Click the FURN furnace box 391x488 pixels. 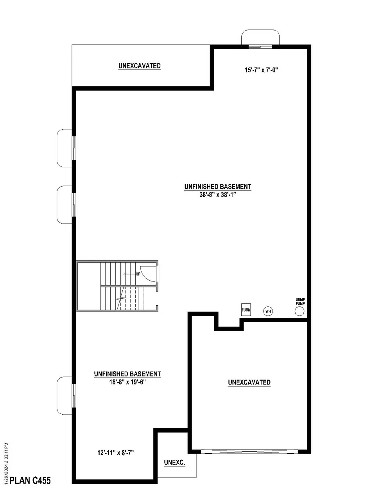pos(246,310)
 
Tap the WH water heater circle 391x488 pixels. pos(268,311)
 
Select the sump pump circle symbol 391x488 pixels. pos(300,311)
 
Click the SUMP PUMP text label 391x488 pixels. pos(300,301)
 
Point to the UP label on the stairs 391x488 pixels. pos(138,274)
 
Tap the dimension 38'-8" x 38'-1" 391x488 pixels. pos(218,195)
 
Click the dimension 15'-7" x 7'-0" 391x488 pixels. pos(260,70)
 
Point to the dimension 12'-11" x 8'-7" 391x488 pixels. pos(116,453)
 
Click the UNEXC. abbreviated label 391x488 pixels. pos(174,463)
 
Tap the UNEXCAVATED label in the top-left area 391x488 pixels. pos(140,66)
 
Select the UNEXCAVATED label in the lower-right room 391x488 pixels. pos(249,382)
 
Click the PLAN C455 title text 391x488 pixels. pos(30,480)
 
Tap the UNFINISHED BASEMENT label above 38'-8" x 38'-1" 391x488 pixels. pos(218,187)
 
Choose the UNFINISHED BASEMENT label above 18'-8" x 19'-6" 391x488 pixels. pos(127,374)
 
